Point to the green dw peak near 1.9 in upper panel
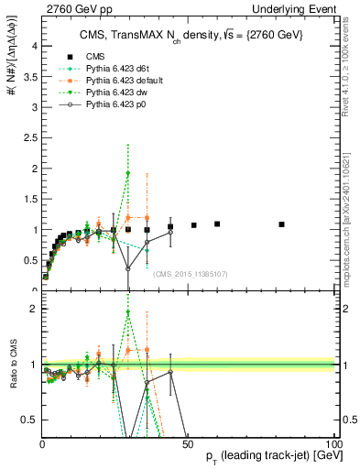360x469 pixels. pyautogui.click(x=128, y=173)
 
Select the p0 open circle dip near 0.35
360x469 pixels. pyautogui.click(x=128, y=268)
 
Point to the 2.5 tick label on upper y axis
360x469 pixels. pyautogui.click(x=29, y=137)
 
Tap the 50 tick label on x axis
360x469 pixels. pyautogui.click(x=188, y=444)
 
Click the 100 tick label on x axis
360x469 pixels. pyautogui.click(x=333, y=444)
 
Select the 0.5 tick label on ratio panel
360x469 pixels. pyautogui.click(x=29, y=420)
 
